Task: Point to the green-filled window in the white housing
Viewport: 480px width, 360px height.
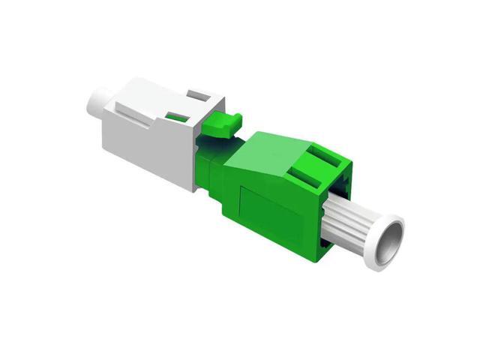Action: point(177,117)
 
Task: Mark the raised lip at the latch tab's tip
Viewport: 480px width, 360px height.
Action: point(236,117)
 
